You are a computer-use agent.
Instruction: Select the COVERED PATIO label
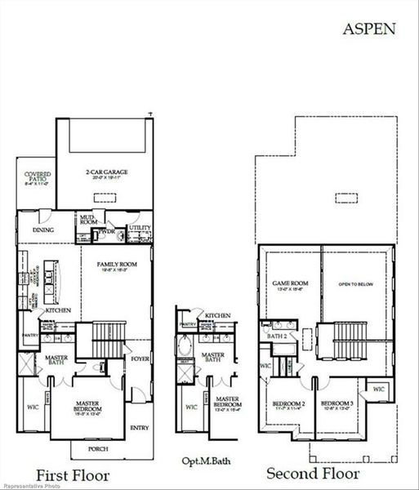tap(38, 177)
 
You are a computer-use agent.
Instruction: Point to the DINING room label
tap(44, 230)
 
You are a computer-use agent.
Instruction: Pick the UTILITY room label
tap(140, 228)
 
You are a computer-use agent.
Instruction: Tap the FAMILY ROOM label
tap(116, 265)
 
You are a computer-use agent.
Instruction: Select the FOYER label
tap(140, 357)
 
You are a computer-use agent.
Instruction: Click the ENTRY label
tap(140, 427)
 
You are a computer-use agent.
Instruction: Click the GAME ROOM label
tap(288, 283)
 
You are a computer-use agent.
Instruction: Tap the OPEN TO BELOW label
tap(356, 284)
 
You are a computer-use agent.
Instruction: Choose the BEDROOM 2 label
tap(289, 404)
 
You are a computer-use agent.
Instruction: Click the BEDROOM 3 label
tap(336, 404)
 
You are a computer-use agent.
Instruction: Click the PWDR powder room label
tap(108, 232)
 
